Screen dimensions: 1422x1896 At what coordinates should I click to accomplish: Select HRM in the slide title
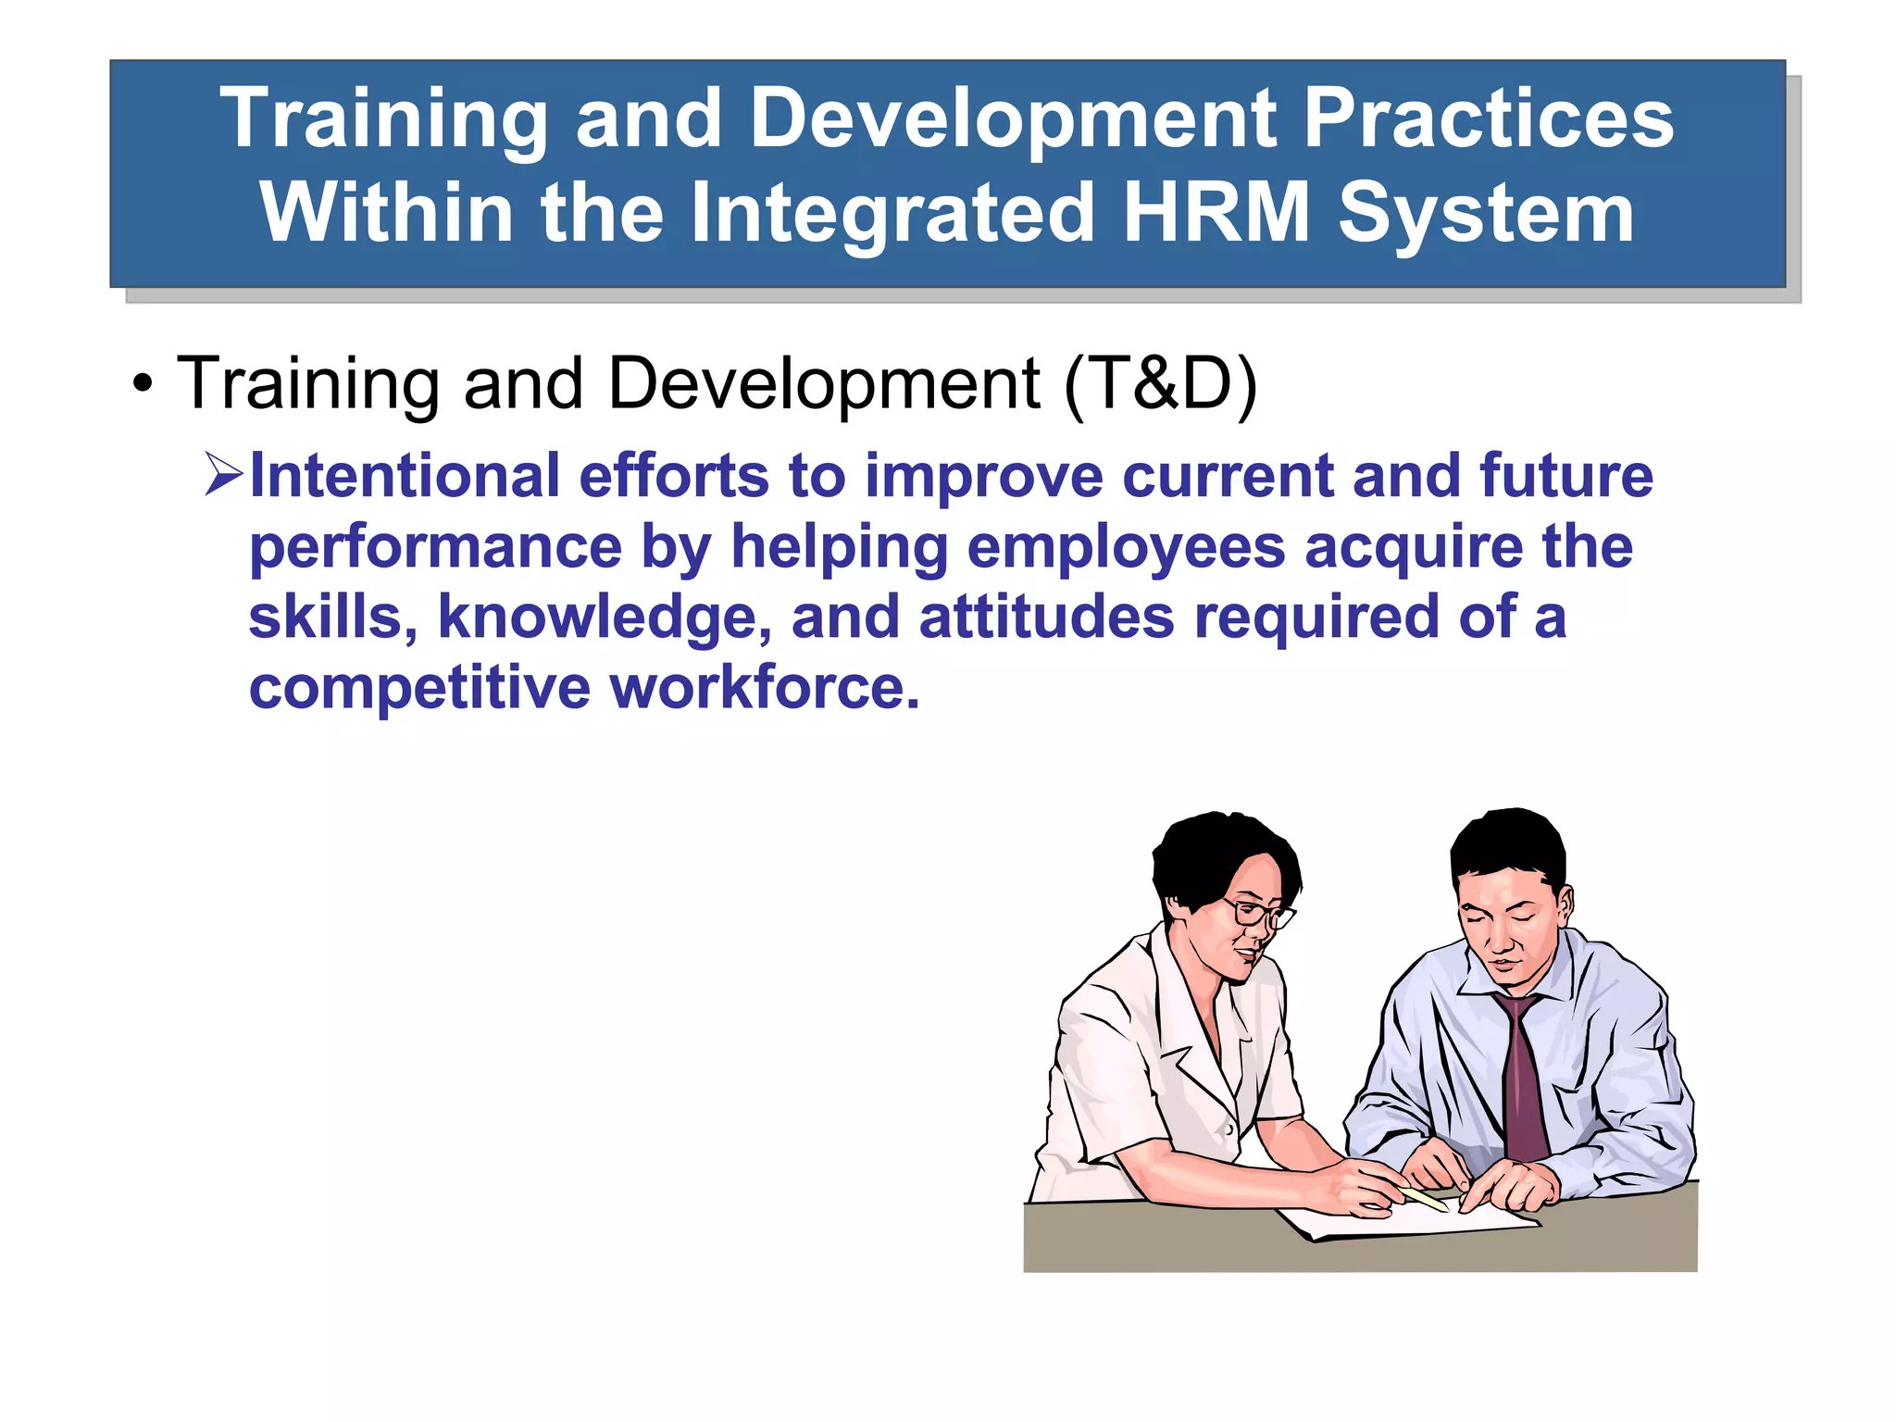pyautogui.click(x=1216, y=213)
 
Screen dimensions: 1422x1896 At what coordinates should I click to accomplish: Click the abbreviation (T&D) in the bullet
pyautogui.click(x=1161, y=383)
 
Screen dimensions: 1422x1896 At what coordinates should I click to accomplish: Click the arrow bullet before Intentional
pyautogui.click(x=223, y=475)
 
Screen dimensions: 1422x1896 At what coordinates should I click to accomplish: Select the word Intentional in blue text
pyautogui.click(x=405, y=476)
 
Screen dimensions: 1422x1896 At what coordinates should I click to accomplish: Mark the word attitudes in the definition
pyautogui.click(x=1046, y=617)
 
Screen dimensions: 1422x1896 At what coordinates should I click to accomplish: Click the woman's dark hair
pyautogui.click(x=1204, y=852)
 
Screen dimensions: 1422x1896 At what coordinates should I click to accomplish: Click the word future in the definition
pyautogui.click(x=1565, y=476)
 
